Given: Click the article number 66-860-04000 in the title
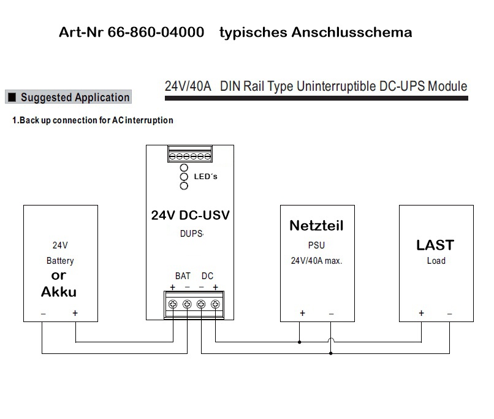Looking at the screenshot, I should pos(156,33).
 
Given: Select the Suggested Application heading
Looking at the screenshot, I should pos(75,98).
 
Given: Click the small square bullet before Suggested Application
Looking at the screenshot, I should pos(12,97).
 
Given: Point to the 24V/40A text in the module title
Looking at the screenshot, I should pos(188,86).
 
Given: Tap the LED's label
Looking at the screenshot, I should pos(205,177).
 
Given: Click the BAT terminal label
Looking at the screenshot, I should pos(183,276).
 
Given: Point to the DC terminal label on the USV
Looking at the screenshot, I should pos(207,276).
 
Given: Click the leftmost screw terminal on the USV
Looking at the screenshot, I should pos(173,304).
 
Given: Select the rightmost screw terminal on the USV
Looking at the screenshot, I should pos(215,304).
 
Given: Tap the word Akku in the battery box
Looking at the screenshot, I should pos(59,292).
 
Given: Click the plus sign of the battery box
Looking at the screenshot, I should pos(75,313).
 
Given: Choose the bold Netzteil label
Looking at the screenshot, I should pos(316,225).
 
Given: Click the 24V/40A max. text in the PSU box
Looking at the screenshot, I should pos(316,261).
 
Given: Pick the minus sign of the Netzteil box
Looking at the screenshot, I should pos(331,313).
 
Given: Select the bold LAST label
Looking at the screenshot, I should pos(435,245).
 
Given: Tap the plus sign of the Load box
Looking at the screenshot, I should pos(421,313).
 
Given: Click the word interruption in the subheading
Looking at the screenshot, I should pos(151,120).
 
